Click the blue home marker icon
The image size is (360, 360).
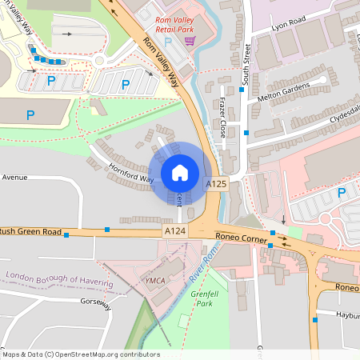coord(180,173)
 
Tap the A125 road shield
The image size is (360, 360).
coord(216,184)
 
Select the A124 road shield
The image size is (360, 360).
coord(175,231)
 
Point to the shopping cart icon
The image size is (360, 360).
coord(190,40)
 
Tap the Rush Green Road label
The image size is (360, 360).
coord(32,232)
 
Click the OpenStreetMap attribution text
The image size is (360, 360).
coord(80,354)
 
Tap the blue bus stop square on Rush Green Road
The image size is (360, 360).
coord(107,230)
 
